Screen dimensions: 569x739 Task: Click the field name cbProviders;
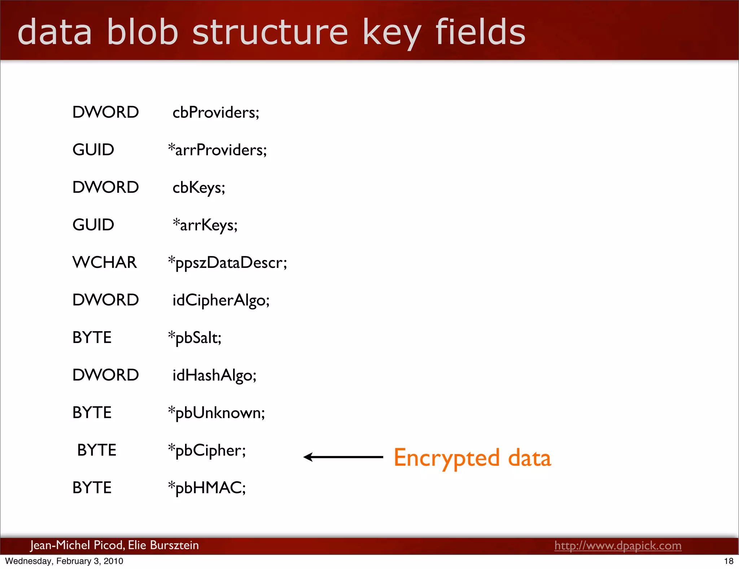[216, 112]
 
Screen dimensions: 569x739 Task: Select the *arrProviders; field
[218, 150]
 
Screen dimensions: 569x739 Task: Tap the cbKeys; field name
[199, 187]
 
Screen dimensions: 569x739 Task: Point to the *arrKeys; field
[205, 225]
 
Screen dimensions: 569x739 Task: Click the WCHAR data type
[105, 262]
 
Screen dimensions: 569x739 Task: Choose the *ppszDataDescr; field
[228, 262]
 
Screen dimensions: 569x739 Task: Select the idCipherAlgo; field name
[221, 300]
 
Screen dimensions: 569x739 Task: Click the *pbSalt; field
[195, 338]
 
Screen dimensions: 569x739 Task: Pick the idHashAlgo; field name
[214, 375]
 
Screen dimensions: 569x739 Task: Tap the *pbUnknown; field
[217, 413]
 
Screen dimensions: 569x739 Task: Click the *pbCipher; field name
[207, 450]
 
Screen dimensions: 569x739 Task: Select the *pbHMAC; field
[207, 488]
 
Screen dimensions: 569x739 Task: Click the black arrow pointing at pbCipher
[343, 457]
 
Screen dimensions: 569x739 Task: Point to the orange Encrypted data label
[472, 458]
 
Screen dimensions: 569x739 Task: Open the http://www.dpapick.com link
[618, 545]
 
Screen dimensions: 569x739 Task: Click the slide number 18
[729, 561]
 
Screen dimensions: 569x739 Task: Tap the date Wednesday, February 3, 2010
[64, 561]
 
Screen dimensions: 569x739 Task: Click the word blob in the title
[143, 32]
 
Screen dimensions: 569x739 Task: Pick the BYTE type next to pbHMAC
[92, 488]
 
